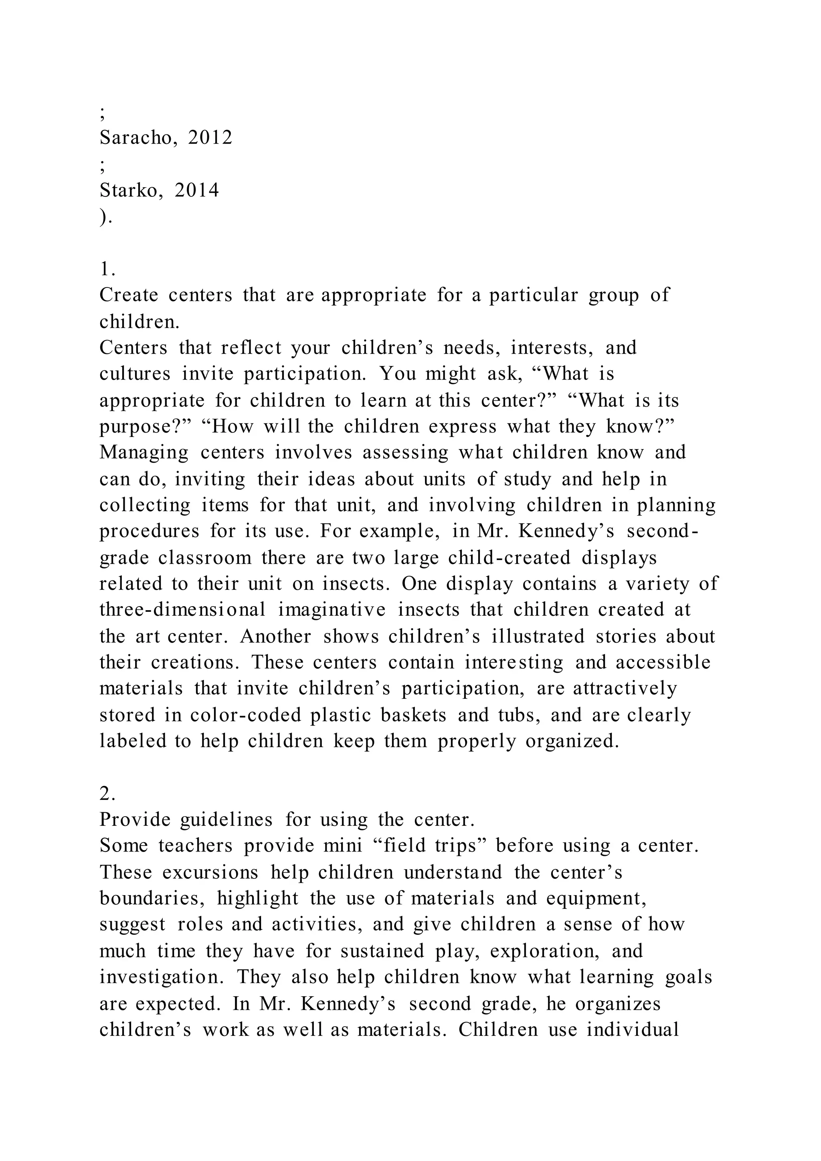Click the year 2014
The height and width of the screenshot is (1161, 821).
(x=197, y=190)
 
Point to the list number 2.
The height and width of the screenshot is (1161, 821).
(x=107, y=795)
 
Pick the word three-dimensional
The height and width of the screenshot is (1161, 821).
(x=182, y=609)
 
